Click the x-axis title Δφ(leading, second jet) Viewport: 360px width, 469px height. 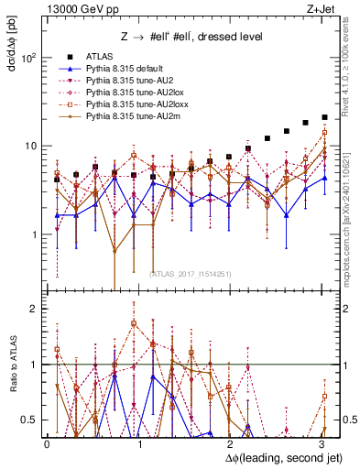coord(274,456)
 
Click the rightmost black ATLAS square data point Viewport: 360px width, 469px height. coord(324,117)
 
